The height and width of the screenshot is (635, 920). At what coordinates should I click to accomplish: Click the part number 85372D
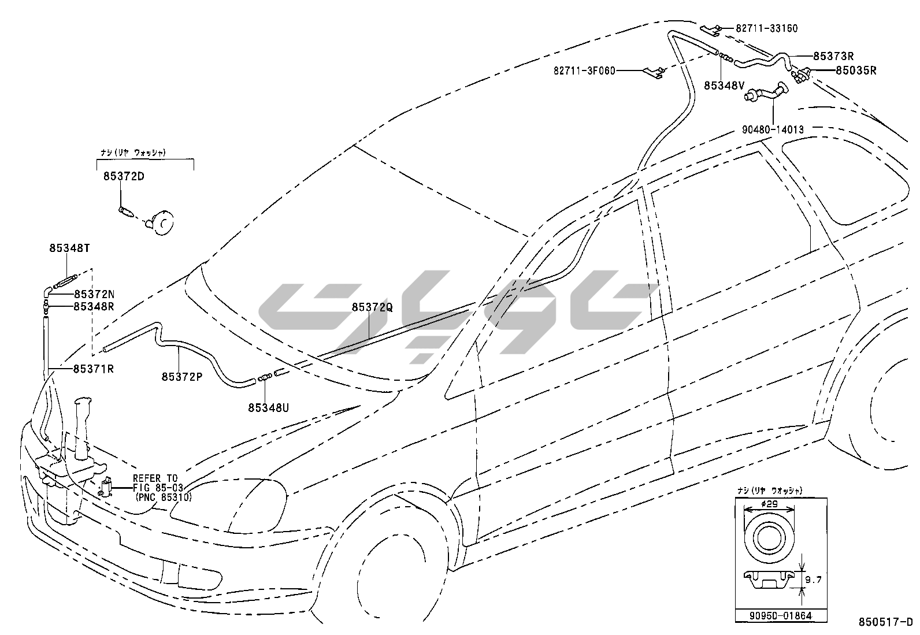(x=124, y=176)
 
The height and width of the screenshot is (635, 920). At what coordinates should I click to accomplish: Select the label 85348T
(x=69, y=248)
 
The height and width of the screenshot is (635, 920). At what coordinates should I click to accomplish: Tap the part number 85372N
(x=94, y=294)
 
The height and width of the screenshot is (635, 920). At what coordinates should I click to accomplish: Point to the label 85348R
(x=94, y=306)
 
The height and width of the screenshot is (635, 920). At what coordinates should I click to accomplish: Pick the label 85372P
(x=182, y=377)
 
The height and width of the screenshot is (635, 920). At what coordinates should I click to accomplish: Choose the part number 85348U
(x=269, y=408)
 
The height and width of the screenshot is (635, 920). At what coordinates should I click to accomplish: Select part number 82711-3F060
(x=584, y=70)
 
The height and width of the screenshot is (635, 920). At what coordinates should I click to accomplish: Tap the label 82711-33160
(x=767, y=28)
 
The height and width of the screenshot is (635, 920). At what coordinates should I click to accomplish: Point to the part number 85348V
(x=724, y=86)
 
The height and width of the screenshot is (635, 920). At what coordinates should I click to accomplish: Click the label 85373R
(x=833, y=56)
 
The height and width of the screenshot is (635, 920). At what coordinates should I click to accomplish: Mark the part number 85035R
(x=856, y=71)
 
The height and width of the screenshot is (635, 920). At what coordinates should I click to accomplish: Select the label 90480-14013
(x=773, y=130)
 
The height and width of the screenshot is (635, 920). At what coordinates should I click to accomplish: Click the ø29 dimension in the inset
(x=769, y=504)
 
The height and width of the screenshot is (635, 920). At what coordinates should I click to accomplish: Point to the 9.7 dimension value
(x=813, y=580)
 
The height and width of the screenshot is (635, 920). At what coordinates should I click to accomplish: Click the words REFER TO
(x=155, y=478)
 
